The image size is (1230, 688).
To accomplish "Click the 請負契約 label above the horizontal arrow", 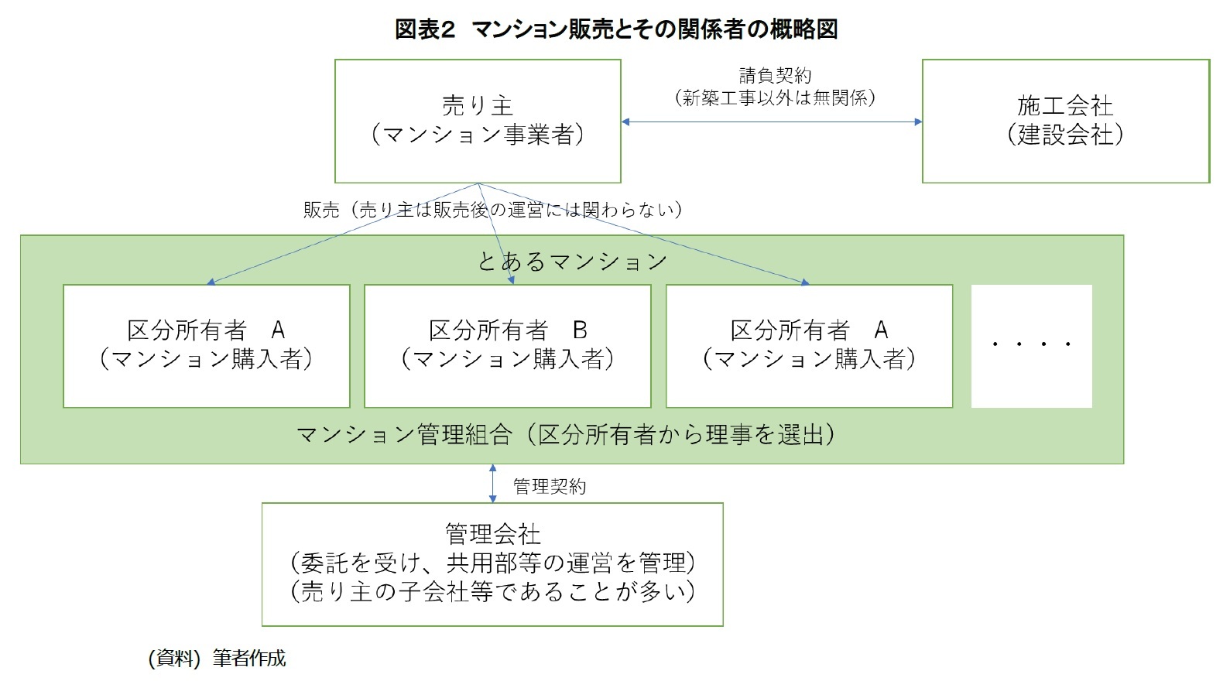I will coord(775,76).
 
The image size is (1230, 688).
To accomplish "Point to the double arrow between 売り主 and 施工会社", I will coord(771,122).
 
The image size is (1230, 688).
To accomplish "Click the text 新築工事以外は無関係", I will coord(775,98).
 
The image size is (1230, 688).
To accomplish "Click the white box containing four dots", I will coord(1031,345).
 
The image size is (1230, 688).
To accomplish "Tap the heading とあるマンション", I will coord(571,262).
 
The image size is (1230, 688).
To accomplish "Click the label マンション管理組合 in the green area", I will coord(404,435).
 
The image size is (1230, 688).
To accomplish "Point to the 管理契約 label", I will coord(550,486).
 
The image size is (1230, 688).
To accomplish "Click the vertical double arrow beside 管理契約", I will coord(493,484).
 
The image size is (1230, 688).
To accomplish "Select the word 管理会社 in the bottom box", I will coord(492,533).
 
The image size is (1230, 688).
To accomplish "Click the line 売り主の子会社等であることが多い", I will coord(492,592).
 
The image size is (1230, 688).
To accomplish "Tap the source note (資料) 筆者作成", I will coord(217,659).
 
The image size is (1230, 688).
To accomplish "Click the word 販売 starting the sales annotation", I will coord(321,210).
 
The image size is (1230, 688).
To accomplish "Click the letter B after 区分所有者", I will coord(580,330).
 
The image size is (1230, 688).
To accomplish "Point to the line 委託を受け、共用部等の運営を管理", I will coord(492,563).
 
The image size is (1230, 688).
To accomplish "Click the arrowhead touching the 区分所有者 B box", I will coord(509,281).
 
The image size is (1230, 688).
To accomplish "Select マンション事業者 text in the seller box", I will coord(478,135).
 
